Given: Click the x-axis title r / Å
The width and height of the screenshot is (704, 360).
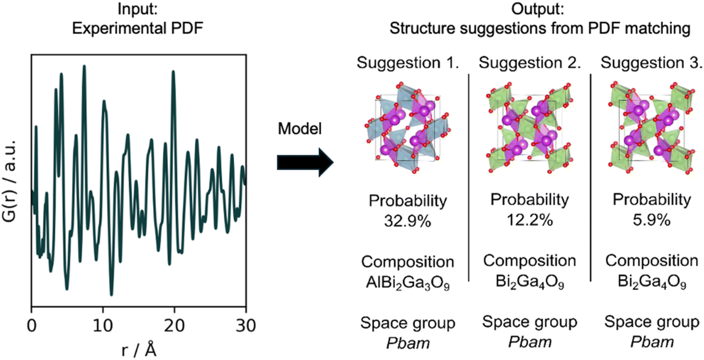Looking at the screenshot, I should pyautogui.click(x=138, y=350).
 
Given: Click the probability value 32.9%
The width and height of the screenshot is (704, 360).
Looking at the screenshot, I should pyautogui.click(x=408, y=221).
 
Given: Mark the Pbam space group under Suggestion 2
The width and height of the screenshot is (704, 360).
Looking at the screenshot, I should pyautogui.click(x=530, y=342).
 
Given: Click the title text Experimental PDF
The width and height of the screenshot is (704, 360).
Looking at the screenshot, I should pyautogui.click(x=138, y=29).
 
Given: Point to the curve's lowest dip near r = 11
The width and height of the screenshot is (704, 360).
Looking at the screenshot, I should pyautogui.click(x=112, y=294).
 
